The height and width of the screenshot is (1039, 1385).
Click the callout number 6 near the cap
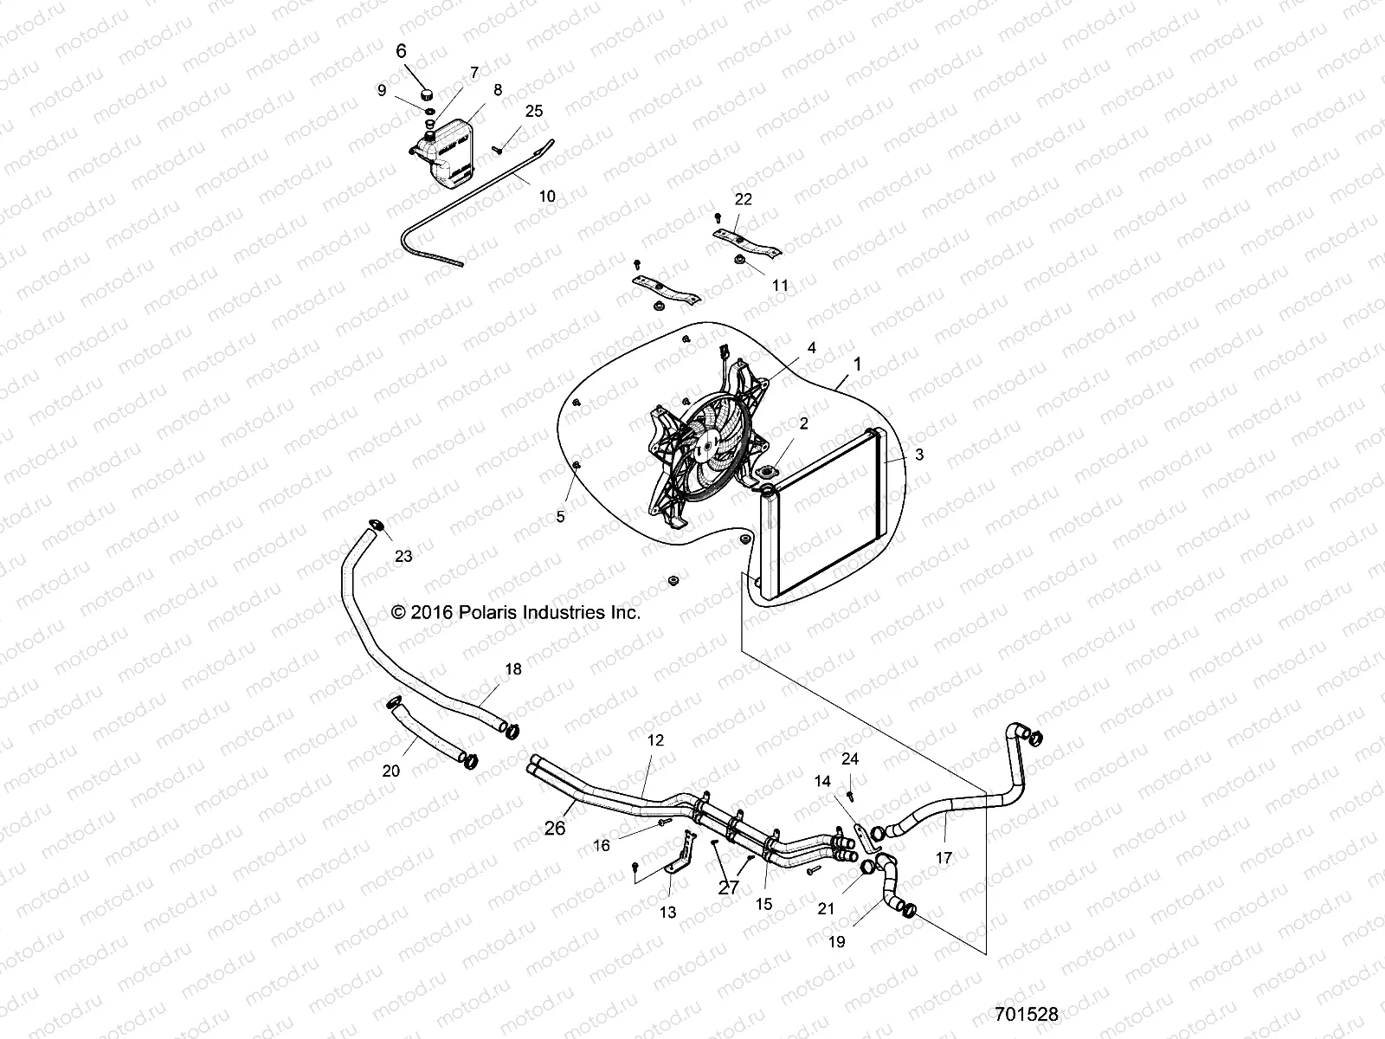click(x=401, y=51)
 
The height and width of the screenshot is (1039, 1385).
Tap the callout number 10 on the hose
click(x=547, y=197)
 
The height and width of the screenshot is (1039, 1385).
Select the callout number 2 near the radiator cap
click(x=803, y=423)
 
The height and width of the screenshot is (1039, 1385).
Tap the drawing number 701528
click(x=1027, y=1013)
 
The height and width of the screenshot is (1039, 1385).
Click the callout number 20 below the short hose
click(x=391, y=771)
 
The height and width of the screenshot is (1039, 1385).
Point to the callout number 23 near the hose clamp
click(x=403, y=557)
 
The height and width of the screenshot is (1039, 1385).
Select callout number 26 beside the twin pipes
click(x=555, y=828)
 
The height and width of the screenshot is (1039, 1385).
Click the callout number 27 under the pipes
click(x=728, y=887)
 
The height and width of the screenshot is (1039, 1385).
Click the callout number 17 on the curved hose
click(x=944, y=858)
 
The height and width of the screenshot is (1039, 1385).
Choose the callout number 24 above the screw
click(x=850, y=758)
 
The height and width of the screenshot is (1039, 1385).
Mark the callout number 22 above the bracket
click(x=744, y=198)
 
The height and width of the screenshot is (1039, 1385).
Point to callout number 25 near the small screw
click(x=534, y=111)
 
